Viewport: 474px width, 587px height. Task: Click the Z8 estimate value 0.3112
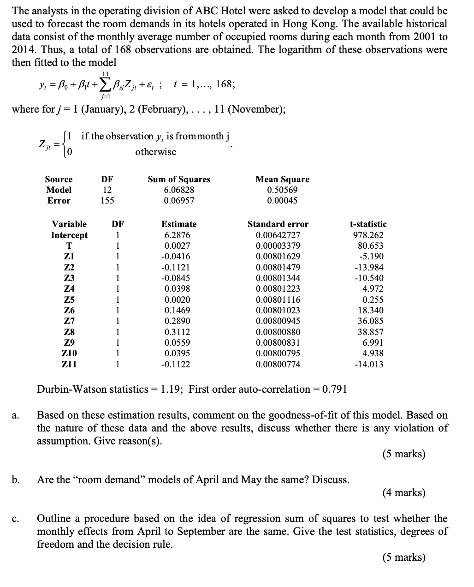point(177,332)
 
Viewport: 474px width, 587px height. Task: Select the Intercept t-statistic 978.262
point(368,235)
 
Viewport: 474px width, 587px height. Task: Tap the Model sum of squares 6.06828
point(179,190)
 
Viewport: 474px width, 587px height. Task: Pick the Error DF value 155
point(107,200)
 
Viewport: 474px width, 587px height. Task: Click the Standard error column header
point(278,224)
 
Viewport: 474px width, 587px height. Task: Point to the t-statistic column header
point(368,224)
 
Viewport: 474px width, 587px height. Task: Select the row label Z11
point(69,364)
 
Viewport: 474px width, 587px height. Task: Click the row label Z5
point(69,299)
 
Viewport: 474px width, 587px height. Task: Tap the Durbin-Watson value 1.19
point(171,389)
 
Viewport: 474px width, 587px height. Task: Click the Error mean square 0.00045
point(282,200)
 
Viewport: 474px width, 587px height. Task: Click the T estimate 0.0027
point(177,246)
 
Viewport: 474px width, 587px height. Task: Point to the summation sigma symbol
point(105,84)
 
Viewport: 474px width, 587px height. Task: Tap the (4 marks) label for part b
point(403,492)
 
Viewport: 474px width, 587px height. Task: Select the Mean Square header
point(282,179)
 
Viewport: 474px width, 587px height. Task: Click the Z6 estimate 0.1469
point(177,310)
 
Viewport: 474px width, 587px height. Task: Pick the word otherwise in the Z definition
point(156,152)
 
